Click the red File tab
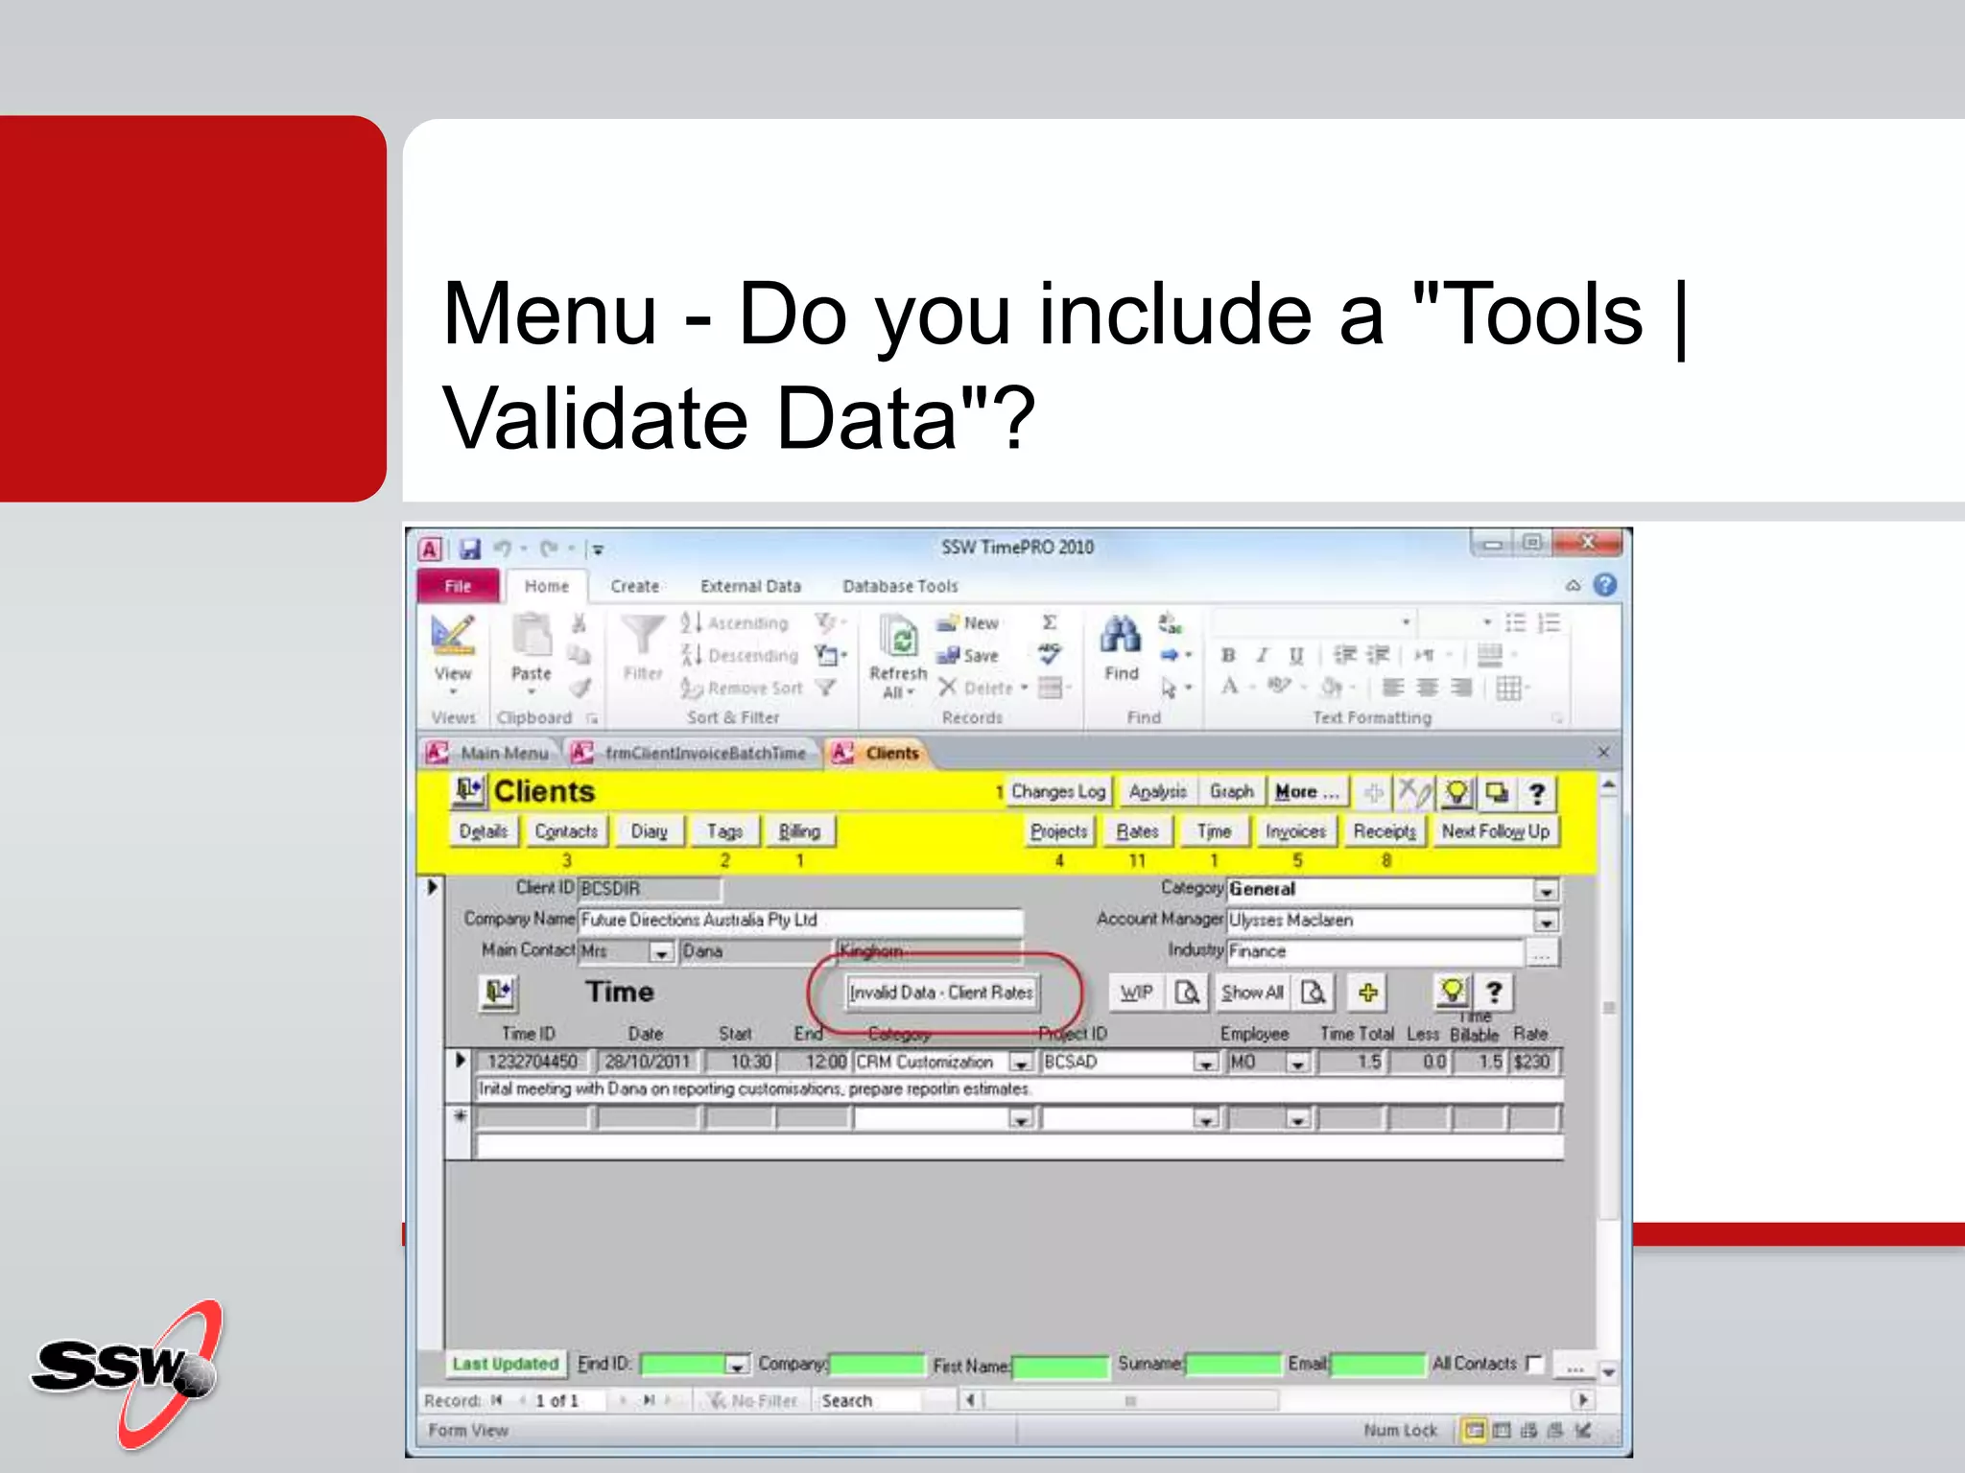tap(458, 586)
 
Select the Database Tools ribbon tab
tap(899, 586)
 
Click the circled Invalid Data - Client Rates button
tap(941, 993)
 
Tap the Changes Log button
tap(1057, 792)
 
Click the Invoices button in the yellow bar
tap(1294, 831)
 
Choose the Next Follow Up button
tap(1494, 831)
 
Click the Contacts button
tap(566, 831)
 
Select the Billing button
tap(799, 831)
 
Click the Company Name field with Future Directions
tap(799, 921)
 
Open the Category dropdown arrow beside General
tap(1546, 891)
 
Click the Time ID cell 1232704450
tap(533, 1062)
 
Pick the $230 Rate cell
tap(1532, 1062)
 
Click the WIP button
tap(1136, 993)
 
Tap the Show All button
tap(1252, 993)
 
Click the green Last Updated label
tap(505, 1364)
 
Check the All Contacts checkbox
tap(1534, 1363)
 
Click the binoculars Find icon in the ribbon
tap(1120, 637)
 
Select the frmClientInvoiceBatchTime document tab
tap(704, 754)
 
